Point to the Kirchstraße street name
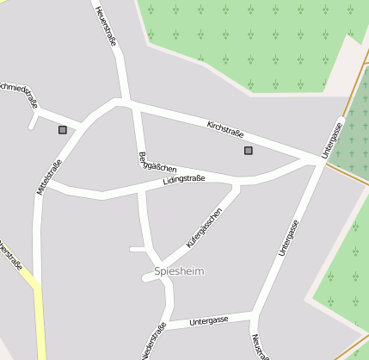(225, 129)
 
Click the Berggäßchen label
(157, 162)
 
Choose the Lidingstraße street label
(184, 180)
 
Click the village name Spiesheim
(179, 271)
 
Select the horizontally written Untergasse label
(209, 320)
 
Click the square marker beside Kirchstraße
(249, 151)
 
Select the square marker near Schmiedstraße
(63, 130)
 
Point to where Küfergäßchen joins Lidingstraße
(237, 183)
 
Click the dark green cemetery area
(353, 129)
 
